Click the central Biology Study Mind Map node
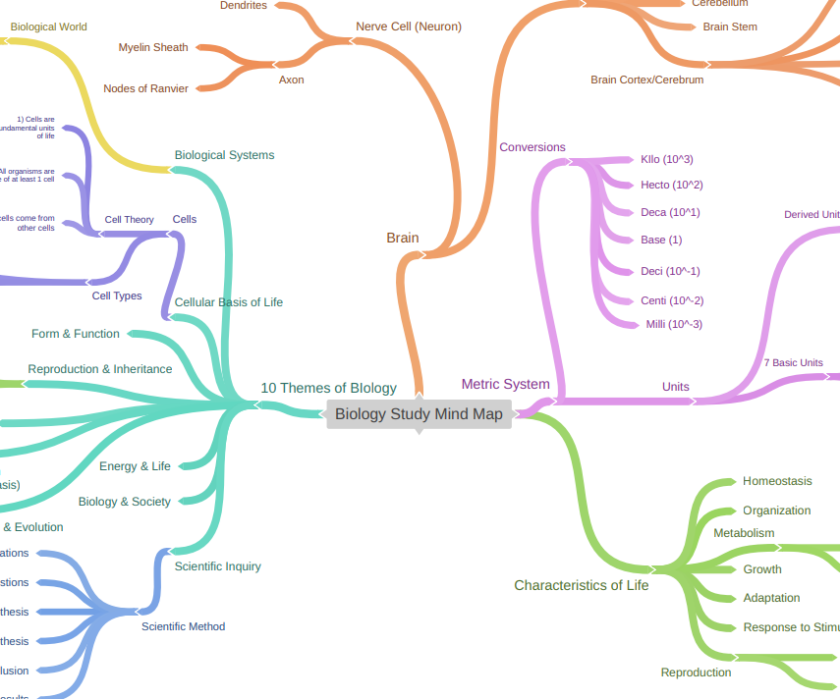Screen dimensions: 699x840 tap(419, 414)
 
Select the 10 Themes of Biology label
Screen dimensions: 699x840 tap(328, 388)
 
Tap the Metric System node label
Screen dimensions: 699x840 tap(505, 384)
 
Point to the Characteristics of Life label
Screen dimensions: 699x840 tap(581, 585)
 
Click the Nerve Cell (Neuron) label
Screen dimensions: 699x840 tap(409, 27)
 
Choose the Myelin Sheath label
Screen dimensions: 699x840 tap(153, 47)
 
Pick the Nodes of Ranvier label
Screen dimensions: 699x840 tap(145, 88)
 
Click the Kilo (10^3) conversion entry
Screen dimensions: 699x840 tap(666, 159)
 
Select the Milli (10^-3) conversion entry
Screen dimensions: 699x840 tap(673, 324)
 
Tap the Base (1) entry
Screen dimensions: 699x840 tap(660, 240)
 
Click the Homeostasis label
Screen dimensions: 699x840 tap(777, 481)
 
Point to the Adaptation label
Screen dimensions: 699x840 tap(771, 598)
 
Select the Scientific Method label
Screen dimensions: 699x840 tap(183, 626)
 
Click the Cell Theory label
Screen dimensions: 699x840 tap(129, 220)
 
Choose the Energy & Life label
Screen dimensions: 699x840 tap(135, 466)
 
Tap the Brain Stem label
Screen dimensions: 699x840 tap(730, 27)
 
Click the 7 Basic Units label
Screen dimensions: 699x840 tap(793, 363)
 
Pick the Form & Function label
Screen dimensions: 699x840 tap(76, 334)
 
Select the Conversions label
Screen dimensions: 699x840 tap(532, 147)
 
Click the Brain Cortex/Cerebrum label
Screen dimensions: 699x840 tap(646, 80)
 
